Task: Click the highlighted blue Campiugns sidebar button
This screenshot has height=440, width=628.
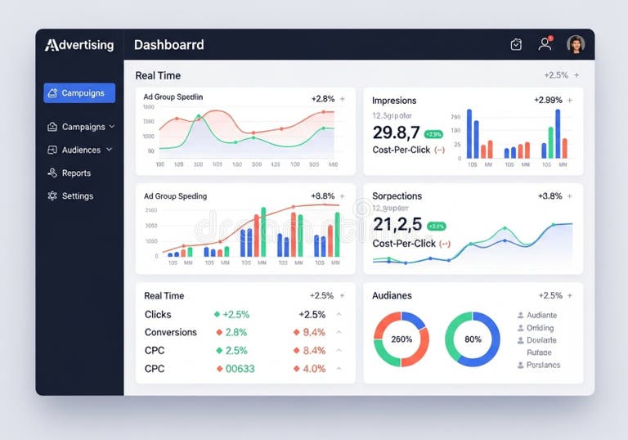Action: pyautogui.click(x=79, y=93)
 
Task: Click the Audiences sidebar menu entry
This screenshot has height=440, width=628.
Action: pyautogui.click(x=80, y=150)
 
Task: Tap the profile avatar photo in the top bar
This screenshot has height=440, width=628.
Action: pyautogui.click(x=576, y=44)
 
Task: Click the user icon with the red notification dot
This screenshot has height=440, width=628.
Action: pyautogui.click(x=545, y=44)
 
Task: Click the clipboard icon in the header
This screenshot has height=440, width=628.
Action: pyautogui.click(x=516, y=45)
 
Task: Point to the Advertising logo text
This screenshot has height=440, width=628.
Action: pyautogui.click(x=79, y=45)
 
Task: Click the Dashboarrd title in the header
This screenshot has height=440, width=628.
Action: pyautogui.click(x=168, y=45)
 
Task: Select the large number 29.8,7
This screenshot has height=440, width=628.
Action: pyautogui.click(x=396, y=132)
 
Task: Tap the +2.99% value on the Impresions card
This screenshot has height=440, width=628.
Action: pyautogui.click(x=548, y=100)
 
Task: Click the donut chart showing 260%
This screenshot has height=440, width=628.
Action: pyautogui.click(x=401, y=339)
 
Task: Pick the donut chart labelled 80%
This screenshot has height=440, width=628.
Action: pyautogui.click(x=473, y=339)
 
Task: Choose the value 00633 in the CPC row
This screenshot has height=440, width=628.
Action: pyautogui.click(x=240, y=369)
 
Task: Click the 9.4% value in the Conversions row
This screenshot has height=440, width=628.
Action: pyautogui.click(x=314, y=333)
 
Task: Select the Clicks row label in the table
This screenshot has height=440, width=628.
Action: pyautogui.click(x=158, y=315)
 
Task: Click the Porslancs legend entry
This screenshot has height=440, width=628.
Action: pyautogui.click(x=543, y=365)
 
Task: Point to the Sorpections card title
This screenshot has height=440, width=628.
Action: pyautogui.click(x=397, y=196)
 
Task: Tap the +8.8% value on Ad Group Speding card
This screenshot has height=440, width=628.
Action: pyautogui.click(x=323, y=196)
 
